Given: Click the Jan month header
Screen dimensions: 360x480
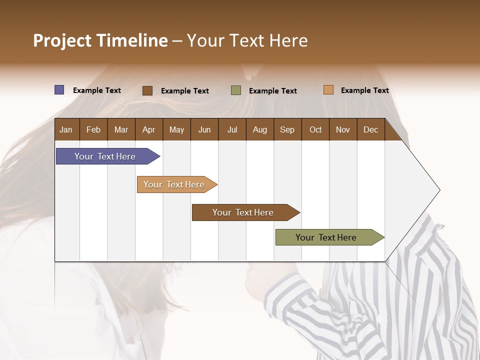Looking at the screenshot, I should (x=66, y=129).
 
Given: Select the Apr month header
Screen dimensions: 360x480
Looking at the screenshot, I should (x=149, y=129).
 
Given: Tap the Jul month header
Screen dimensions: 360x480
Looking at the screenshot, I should (x=232, y=129).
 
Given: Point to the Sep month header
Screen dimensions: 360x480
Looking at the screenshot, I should (x=287, y=129).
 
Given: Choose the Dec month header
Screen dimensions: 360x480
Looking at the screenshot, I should (x=370, y=129).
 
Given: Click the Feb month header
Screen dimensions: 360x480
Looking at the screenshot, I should (x=93, y=129).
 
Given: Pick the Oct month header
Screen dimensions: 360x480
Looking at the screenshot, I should (x=315, y=129).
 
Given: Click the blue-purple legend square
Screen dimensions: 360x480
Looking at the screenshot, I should (x=59, y=90).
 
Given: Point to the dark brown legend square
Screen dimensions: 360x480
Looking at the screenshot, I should (x=147, y=90).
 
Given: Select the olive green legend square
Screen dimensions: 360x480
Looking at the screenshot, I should (x=236, y=90).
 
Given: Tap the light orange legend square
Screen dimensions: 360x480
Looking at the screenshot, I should (x=328, y=90).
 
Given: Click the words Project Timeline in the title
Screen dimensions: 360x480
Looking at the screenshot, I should (x=100, y=40).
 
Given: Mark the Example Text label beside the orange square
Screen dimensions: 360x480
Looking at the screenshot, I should (x=364, y=90).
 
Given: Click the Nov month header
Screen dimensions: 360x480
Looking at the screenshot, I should (x=343, y=129).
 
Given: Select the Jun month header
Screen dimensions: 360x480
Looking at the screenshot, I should (x=204, y=129).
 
